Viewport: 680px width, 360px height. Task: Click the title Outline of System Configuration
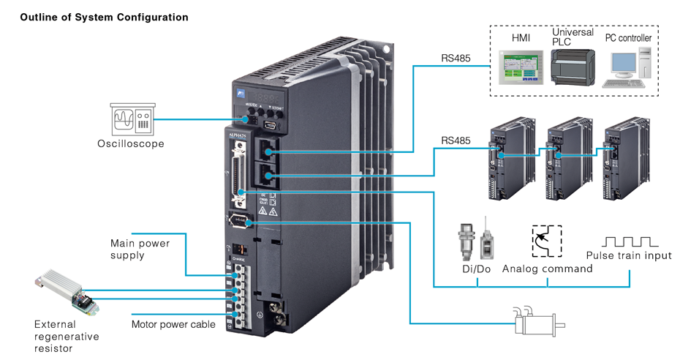105,17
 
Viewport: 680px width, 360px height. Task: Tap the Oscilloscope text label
132,143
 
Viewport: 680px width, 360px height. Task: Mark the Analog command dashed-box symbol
545,240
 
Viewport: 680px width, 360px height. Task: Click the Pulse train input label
629,255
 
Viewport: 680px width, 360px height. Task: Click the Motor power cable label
173,323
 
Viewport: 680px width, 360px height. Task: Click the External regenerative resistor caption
67,336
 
